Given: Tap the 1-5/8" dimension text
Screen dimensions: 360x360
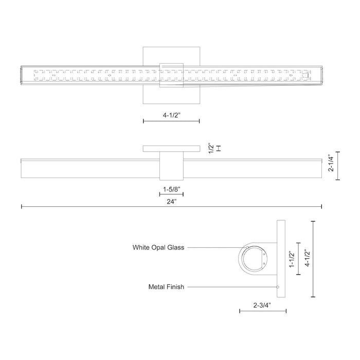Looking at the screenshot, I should [x=171, y=189].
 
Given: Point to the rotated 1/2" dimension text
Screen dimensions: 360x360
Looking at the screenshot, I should [x=210, y=148].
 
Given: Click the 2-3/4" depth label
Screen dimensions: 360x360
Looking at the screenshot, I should [x=262, y=303].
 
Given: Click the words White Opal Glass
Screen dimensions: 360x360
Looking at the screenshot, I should [x=158, y=247].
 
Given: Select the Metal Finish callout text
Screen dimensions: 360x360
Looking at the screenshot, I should [x=166, y=287].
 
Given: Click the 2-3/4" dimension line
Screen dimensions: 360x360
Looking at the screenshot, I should [x=263, y=311].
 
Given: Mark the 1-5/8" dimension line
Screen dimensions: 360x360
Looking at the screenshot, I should [x=171, y=194].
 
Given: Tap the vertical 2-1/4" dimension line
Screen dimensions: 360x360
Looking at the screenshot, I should [x=338, y=165].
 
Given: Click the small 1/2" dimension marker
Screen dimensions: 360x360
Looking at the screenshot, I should [x=219, y=148].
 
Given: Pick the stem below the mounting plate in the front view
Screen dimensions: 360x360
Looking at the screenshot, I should [x=171, y=166].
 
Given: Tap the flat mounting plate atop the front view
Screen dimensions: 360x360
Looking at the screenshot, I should [x=171, y=149].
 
